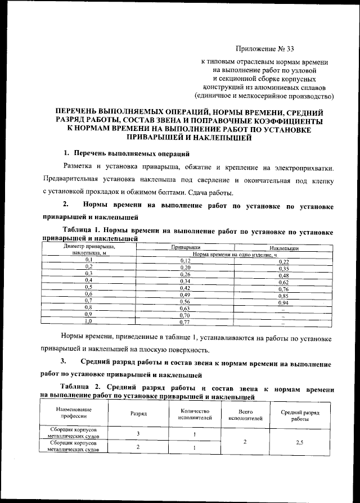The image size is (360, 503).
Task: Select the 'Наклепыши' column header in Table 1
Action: pyautogui.click(x=283, y=247)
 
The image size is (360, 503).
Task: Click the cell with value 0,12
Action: pyautogui.click(x=185, y=261)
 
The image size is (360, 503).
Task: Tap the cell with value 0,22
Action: pyautogui.click(x=283, y=262)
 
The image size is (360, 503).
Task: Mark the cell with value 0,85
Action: pyautogui.click(x=283, y=295)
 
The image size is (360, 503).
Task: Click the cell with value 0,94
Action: pyautogui.click(x=283, y=302)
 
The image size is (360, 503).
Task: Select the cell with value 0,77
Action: pyautogui.click(x=185, y=323)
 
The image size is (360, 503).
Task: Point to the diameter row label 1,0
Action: pyautogui.click(x=88, y=323)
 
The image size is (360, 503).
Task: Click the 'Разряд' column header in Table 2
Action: pyautogui.click(x=138, y=413)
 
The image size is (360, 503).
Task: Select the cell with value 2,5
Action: pyautogui.click(x=300, y=442)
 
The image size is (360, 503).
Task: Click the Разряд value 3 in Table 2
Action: pyautogui.click(x=138, y=433)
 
